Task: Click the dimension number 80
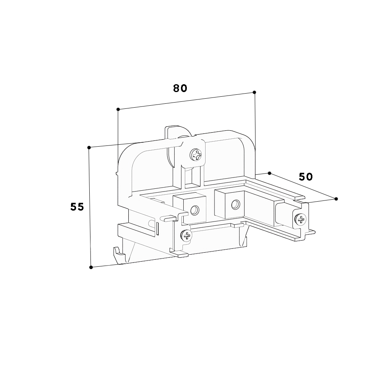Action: pyautogui.click(x=180, y=88)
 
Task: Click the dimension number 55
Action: pyautogui.click(x=77, y=207)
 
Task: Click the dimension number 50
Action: pyautogui.click(x=306, y=177)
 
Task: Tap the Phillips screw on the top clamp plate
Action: pyautogui.click(x=196, y=155)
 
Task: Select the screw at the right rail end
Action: pyautogui.click(x=300, y=219)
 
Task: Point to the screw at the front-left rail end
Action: pyautogui.click(x=186, y=235)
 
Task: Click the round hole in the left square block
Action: pyautogui.click(x=195, y=211)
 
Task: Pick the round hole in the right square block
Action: pyautogui.click(x=235, y=204)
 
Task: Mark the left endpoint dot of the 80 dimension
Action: pyautogui.click(x=118, y=109)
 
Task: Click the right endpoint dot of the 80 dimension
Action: pyautogui.click(x=254, y=92)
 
